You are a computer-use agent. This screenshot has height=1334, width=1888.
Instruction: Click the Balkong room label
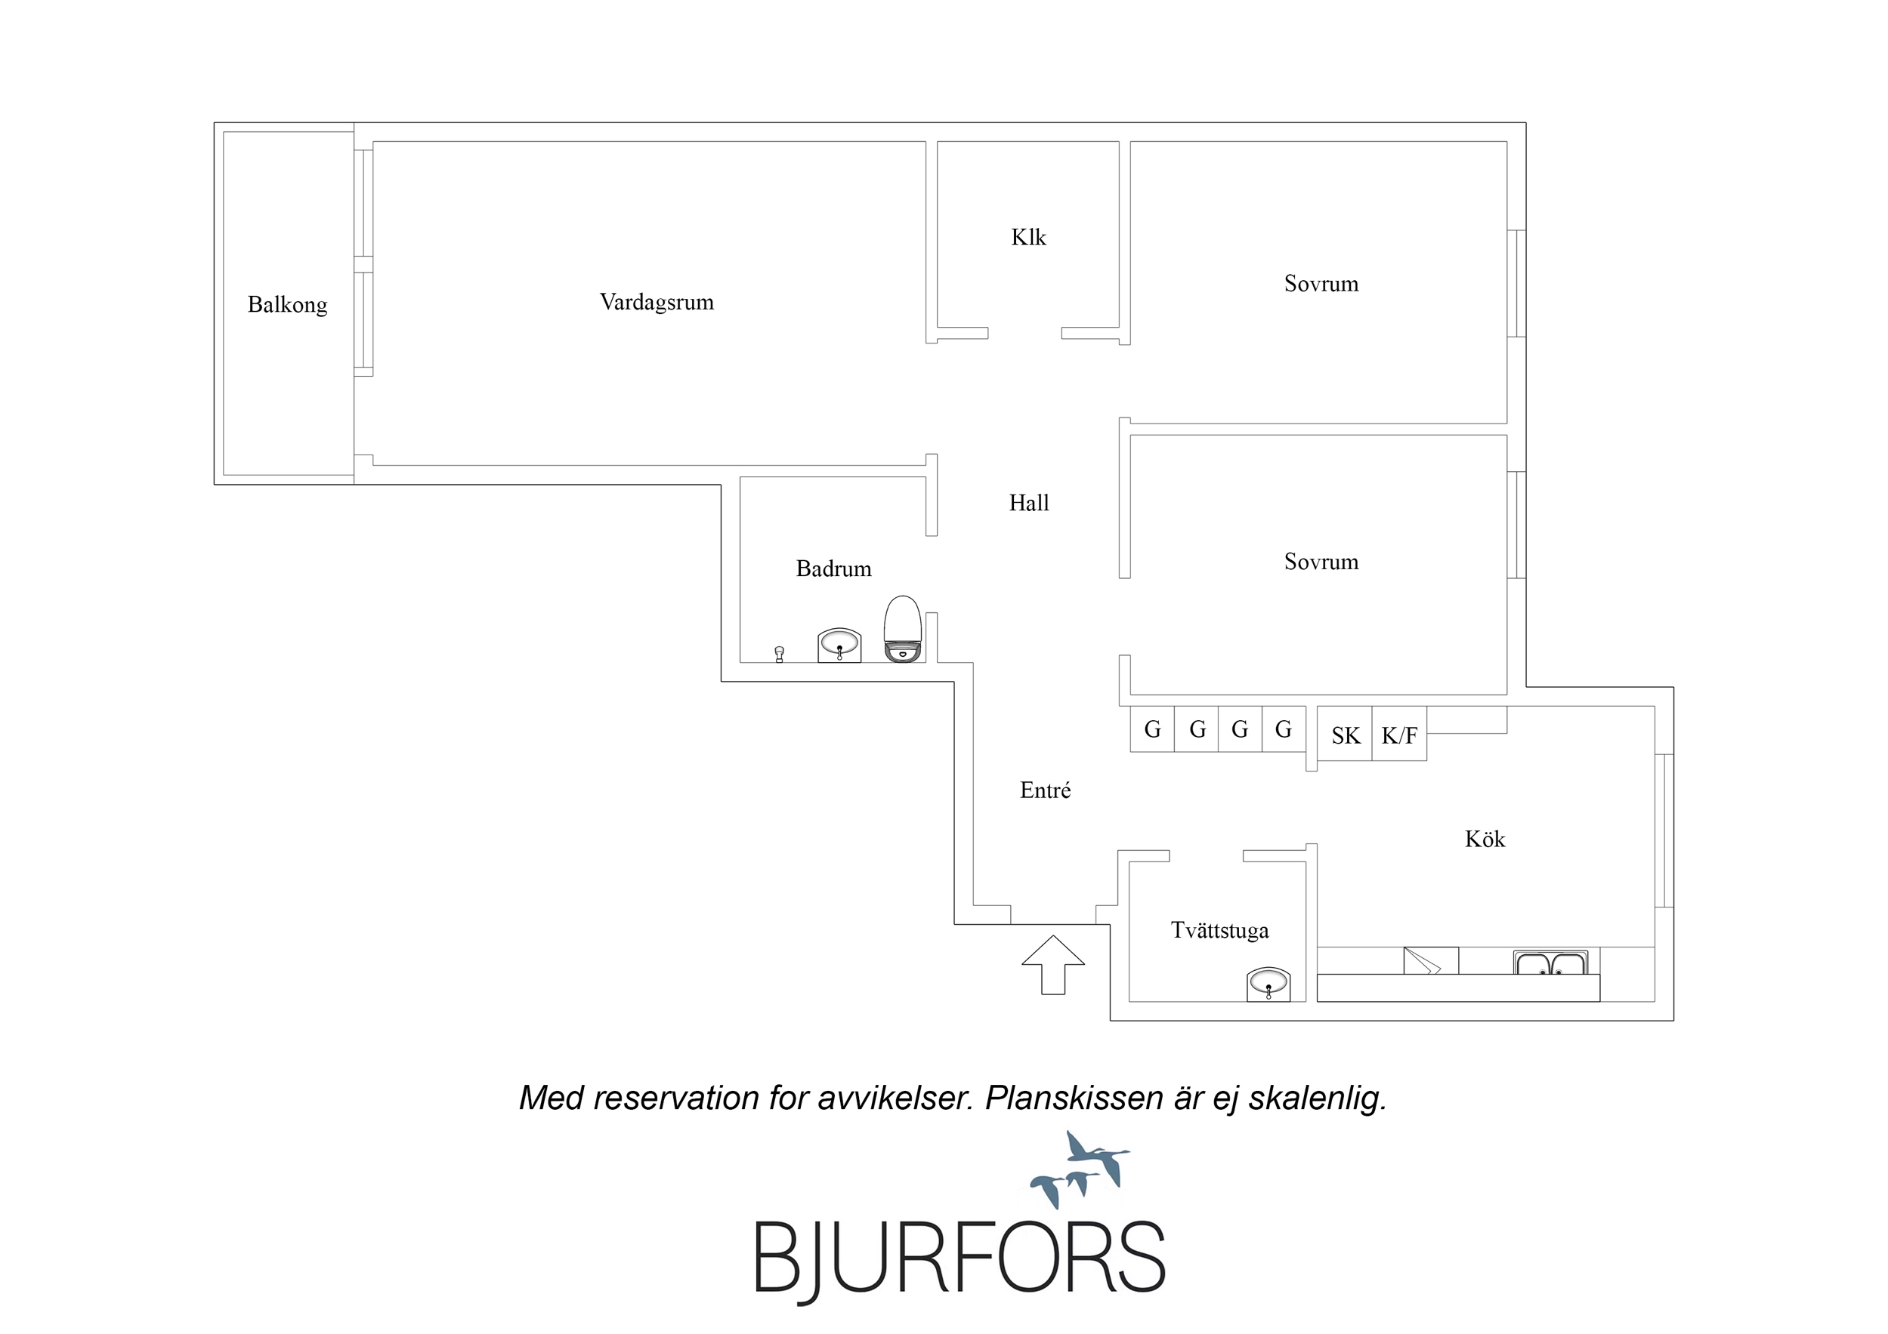click(287, 305)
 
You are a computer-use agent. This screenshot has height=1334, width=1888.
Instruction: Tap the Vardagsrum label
click(657, 302)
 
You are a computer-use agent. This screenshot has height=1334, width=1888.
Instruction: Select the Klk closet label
click(1028, 238)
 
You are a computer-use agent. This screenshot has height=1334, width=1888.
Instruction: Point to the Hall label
click(1029, 503)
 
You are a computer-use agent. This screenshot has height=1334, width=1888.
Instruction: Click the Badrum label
click(833, 568)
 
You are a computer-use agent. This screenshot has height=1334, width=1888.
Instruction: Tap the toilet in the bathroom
click(902, 629)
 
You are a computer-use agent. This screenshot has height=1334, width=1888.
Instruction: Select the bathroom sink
click(839, 645)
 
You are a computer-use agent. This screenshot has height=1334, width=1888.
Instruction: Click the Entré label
click(1045, 790)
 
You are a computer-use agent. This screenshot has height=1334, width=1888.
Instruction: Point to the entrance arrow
click(1053, 964)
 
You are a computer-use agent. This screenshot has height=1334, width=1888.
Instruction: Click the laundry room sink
click(1268, 984)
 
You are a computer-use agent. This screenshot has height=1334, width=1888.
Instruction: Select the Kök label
click(1485, 840)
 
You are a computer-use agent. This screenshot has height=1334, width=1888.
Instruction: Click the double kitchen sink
click(1550, 962)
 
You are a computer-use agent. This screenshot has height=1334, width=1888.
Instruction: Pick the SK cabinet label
click(1346, 735)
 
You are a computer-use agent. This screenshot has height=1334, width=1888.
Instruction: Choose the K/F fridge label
click(1398, 735)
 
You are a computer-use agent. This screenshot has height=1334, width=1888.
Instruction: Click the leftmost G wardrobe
click(1152, 729)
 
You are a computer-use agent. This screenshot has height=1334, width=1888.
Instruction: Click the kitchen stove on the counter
click(1431, 961)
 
